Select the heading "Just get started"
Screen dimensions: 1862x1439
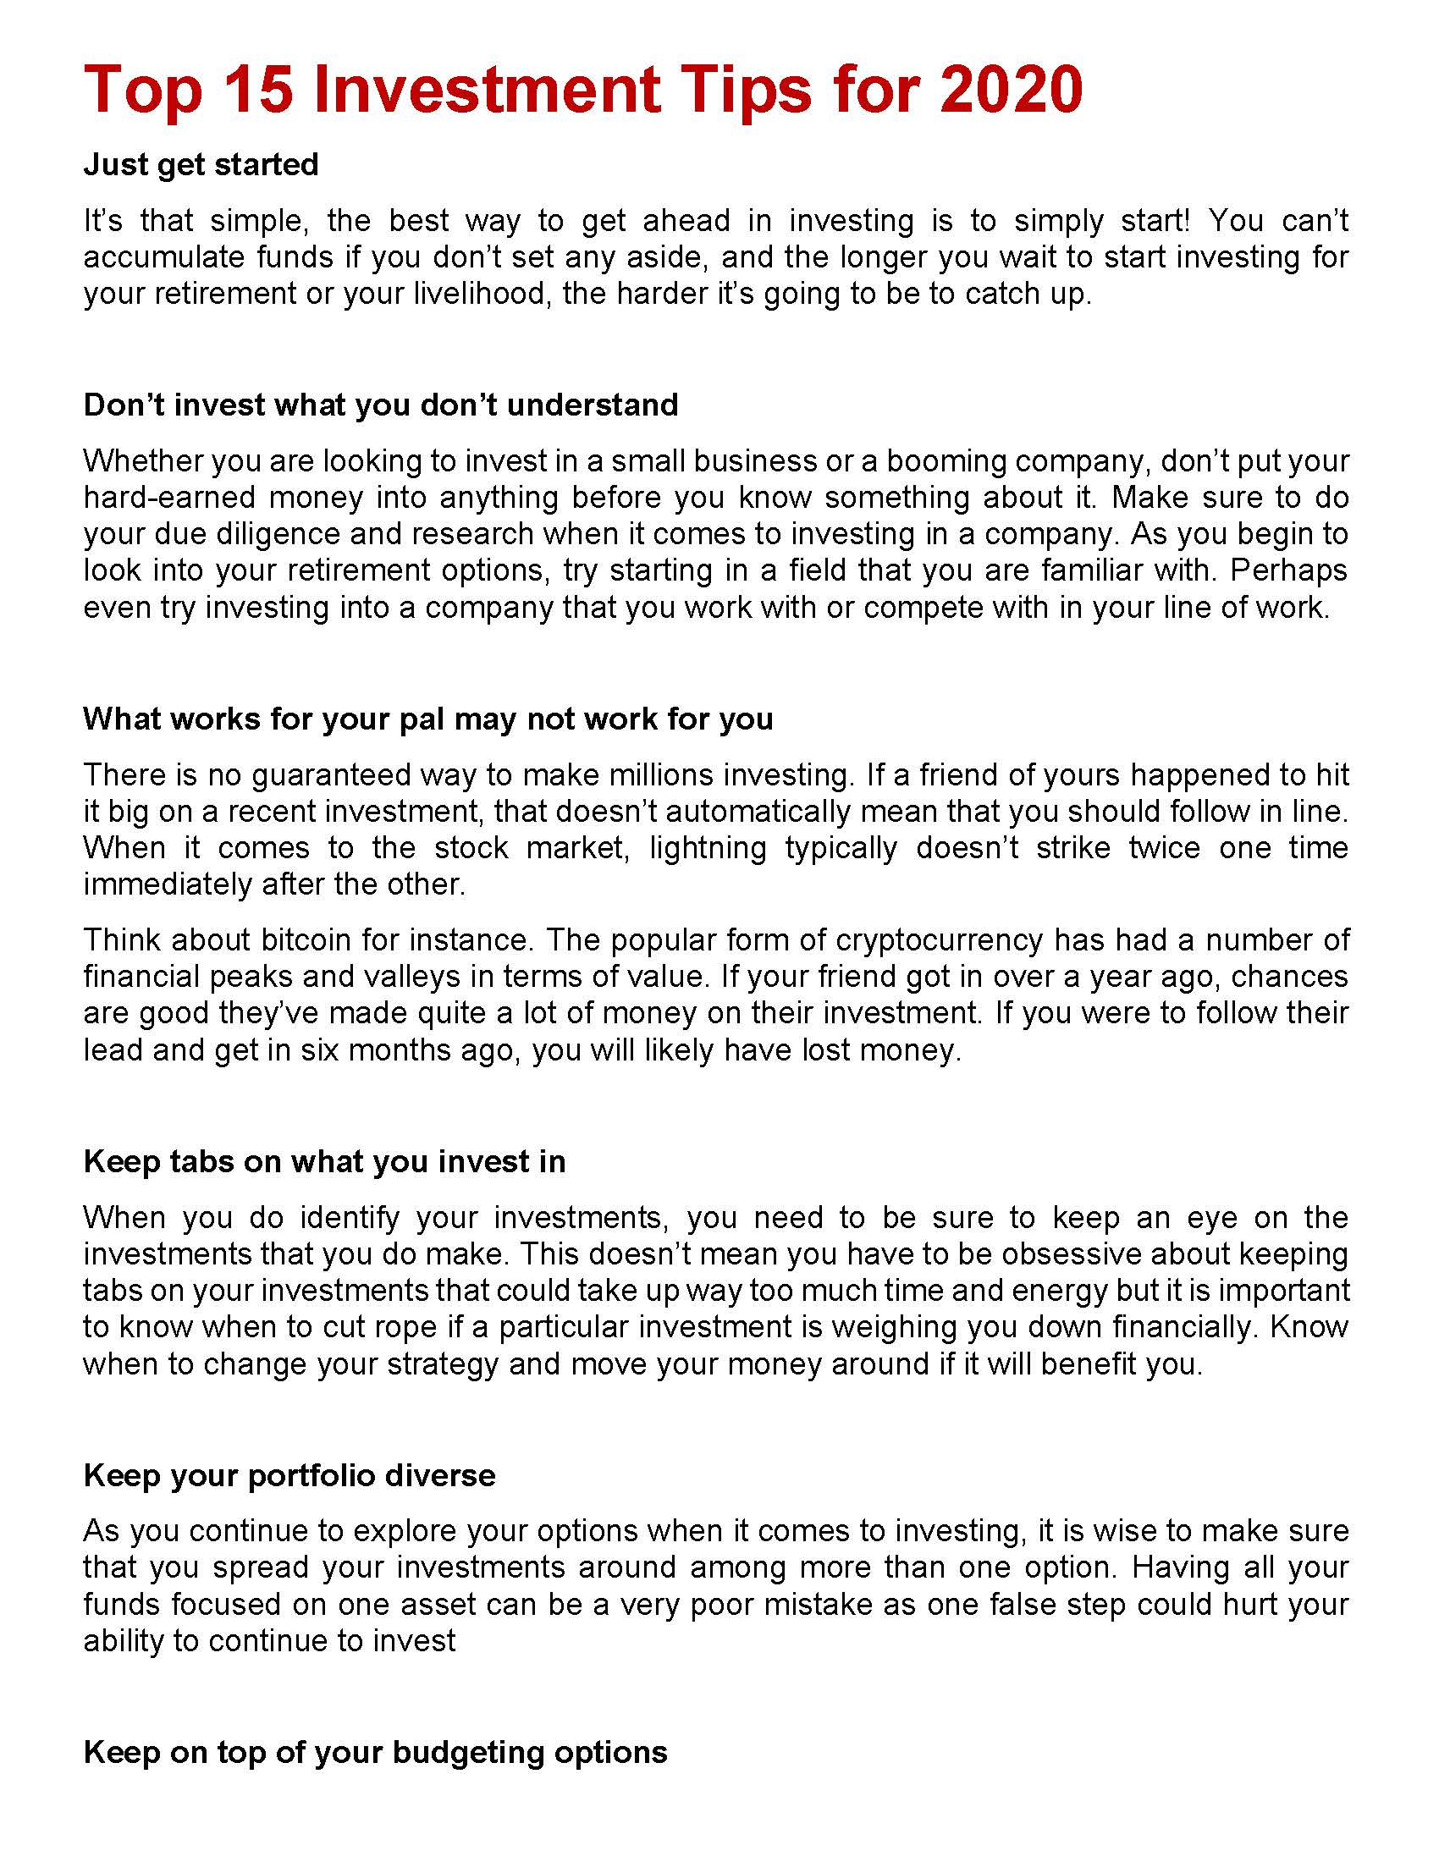pos(201,164)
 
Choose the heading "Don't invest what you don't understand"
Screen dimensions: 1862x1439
pos(380,405)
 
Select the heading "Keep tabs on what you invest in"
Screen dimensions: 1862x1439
pos(324,1162)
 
